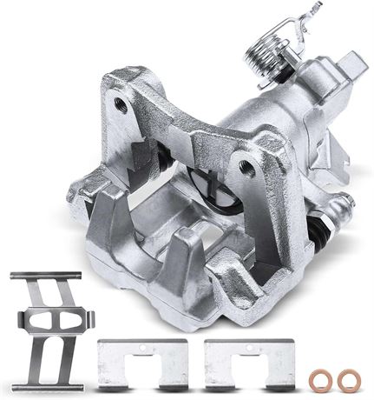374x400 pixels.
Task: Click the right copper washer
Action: pos(349,379)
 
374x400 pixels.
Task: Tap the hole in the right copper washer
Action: pos(349,379)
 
